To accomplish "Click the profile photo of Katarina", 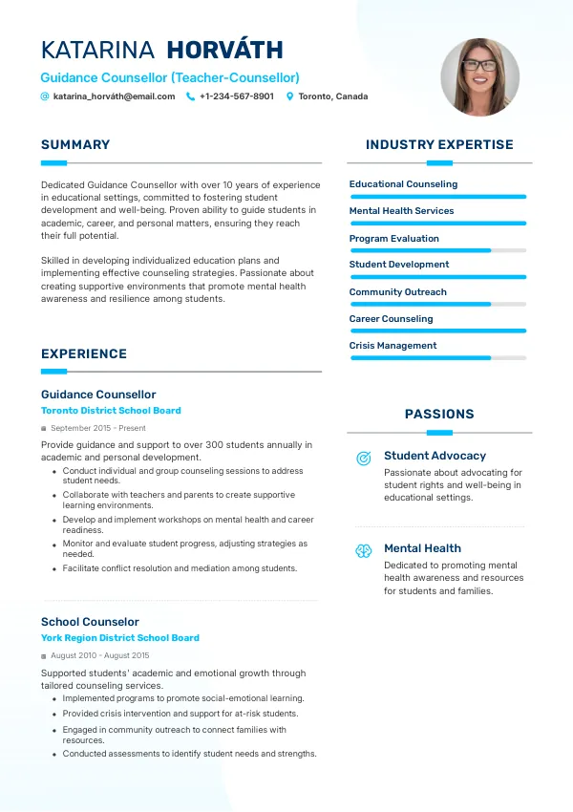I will pos(479,77).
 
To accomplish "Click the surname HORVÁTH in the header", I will pos(224,51).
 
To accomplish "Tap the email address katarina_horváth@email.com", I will pos(115,96).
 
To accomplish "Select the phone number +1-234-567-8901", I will pos(237,96).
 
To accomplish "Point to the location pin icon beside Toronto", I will pos(290,96).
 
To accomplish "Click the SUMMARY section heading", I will pos(75,145).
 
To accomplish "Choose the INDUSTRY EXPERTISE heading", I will pos(439,145).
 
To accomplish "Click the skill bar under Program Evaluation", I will pos(438,250).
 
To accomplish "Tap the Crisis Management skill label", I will pos(393,346).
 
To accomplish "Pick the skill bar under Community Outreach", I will pos(438,304).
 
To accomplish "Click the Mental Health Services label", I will pos(401,211).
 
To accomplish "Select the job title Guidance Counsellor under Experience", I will pos(98,395).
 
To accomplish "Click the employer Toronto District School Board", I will pos(111,411).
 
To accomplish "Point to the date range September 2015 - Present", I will pos(98,429).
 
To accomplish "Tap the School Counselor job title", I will pos(90,622).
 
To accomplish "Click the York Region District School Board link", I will pos(120,638).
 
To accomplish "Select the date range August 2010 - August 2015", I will pos(100,656).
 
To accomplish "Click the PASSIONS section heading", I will pos(439,415).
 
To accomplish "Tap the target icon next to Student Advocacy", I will pos(364,459).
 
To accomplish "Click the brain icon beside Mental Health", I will pos(364,551).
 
